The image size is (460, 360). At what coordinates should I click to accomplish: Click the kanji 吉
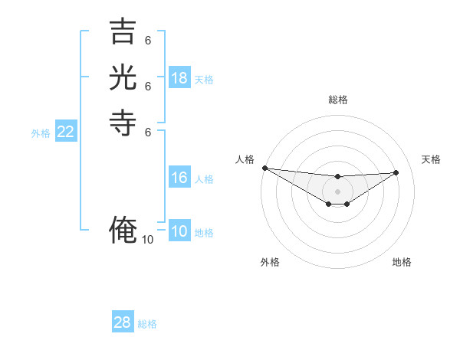pos(123,33)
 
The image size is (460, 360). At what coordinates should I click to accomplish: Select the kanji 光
pos(123,78)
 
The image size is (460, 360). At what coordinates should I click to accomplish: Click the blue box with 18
pos(179,78)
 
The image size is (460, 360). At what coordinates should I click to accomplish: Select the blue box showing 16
pos(179,178)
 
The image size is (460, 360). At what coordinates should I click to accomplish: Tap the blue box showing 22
pos(66,132)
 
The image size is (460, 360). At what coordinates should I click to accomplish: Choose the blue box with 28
pos(123,322)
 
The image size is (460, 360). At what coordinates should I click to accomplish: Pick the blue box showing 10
pos(179,231)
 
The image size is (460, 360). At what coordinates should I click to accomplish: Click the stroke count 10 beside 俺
pos(148,240)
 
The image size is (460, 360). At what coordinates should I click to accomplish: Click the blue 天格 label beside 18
pos(204,80)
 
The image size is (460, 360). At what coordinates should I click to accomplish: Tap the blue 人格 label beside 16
pos(204,179)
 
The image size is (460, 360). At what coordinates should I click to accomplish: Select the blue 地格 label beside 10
pos(204,233)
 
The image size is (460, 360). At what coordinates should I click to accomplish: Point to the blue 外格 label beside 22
pos(41,133)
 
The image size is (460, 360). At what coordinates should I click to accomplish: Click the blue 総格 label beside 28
pos(147,324)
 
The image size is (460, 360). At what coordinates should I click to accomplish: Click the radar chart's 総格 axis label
pos(337,100)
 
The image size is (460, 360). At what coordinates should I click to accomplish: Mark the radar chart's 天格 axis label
pos(432,159)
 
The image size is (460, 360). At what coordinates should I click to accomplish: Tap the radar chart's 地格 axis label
pos(402,262)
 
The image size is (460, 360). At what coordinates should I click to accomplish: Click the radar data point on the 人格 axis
pos(264,168)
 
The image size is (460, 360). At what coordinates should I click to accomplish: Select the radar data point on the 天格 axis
pos(396,172)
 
